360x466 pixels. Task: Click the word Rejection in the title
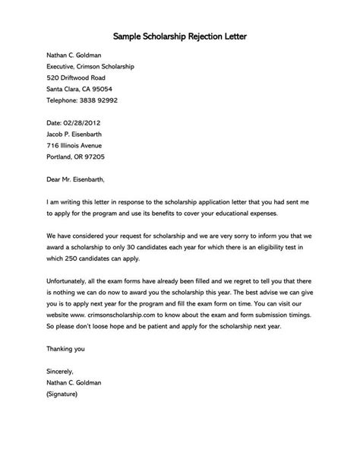(x=201, y=36)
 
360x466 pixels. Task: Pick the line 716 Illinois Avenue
(x=63, y=145)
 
